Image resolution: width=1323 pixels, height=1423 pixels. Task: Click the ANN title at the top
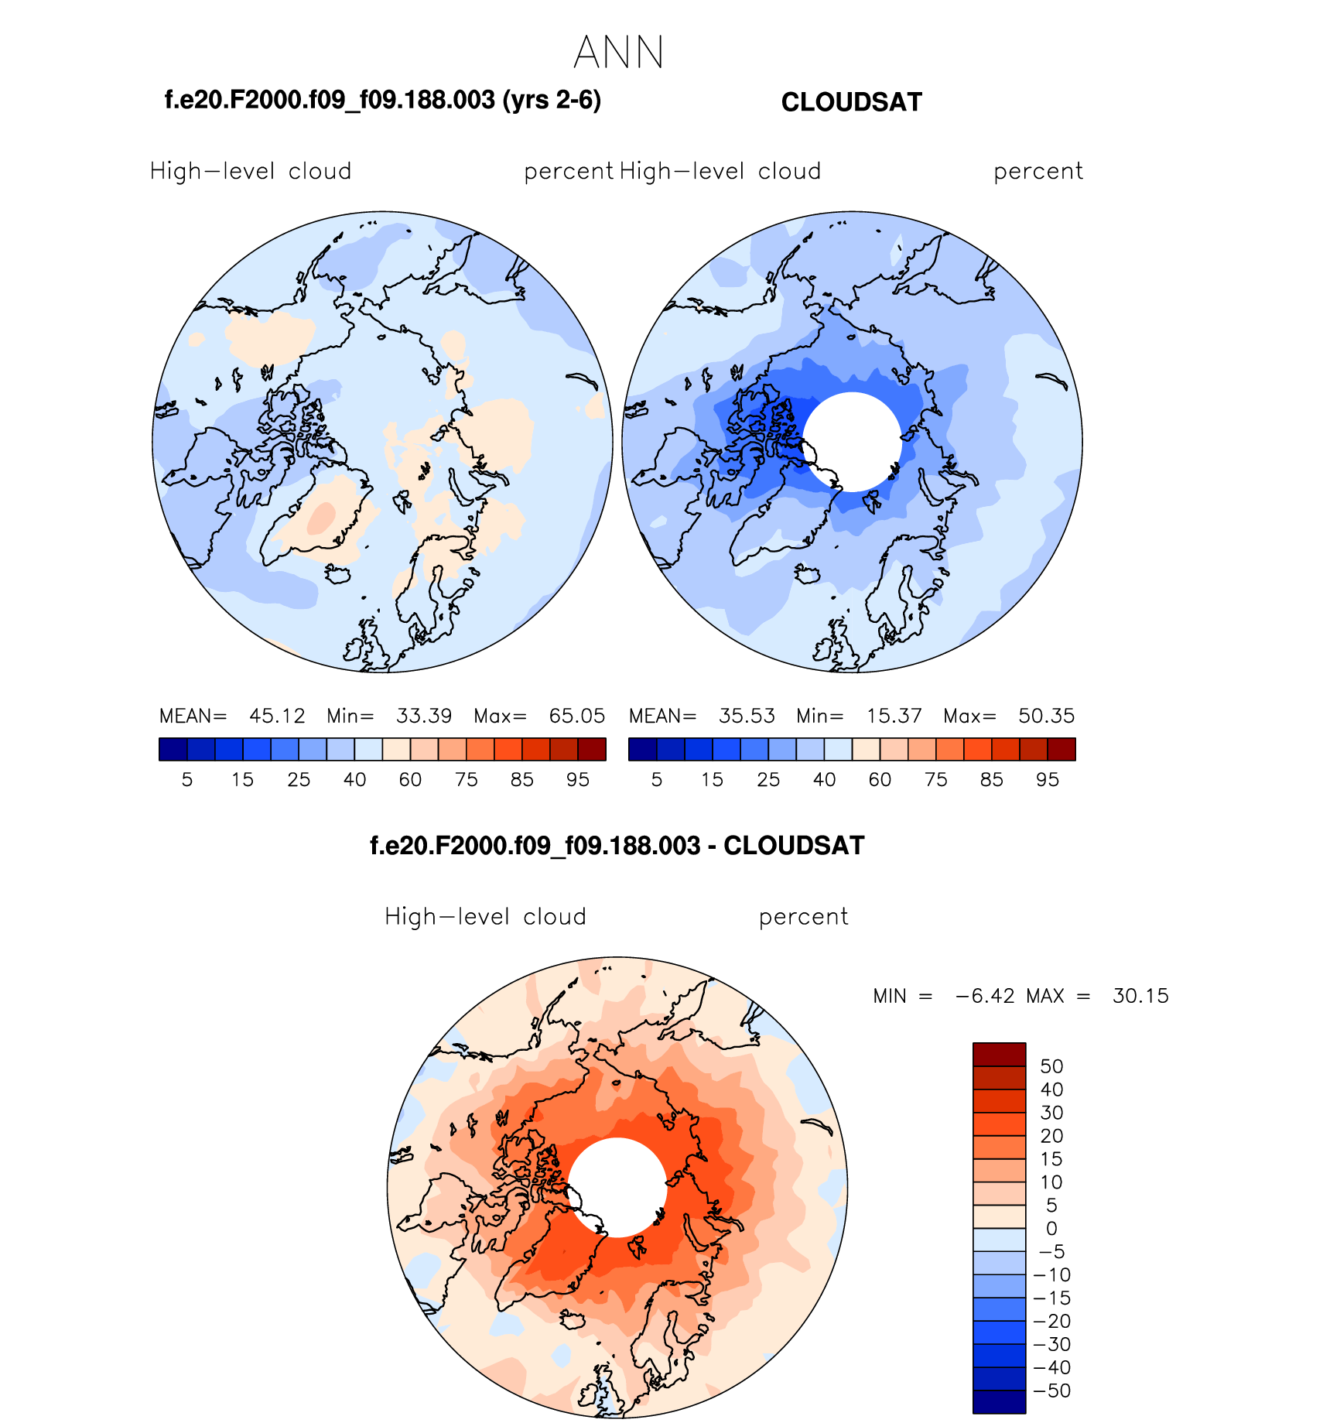(619, 53)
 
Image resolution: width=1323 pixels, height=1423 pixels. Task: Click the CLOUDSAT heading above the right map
(851, 102)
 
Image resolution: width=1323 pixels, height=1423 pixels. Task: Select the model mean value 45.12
(277, 716)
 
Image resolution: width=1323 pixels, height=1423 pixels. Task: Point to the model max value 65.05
(576, 716)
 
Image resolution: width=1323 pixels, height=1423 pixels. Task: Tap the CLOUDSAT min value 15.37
(894, 716)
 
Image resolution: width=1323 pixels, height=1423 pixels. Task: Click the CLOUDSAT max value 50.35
(1046, 716)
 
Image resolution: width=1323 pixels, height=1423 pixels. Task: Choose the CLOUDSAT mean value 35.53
(747, 716)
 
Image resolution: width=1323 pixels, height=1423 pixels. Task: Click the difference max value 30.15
(1140, 996)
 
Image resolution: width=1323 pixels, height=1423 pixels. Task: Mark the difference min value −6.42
(985, 996)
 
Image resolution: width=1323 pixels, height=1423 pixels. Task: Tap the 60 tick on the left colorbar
(410, 780)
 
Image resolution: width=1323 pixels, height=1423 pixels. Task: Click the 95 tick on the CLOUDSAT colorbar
(1047, 780)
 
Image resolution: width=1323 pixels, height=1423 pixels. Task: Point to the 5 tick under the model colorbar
(187, 780)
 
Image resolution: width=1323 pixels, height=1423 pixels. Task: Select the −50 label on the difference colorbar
(1052, 1391)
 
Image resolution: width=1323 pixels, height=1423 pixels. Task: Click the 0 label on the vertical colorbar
(1051, 1229)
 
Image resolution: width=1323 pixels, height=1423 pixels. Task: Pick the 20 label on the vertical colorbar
(1051, 1136)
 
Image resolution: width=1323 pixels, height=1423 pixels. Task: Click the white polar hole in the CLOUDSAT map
(852, 442)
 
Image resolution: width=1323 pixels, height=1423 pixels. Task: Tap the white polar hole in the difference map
(617, 1187)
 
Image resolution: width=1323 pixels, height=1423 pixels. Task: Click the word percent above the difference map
(803, 917)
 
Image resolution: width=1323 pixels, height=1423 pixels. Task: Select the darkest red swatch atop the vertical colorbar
(999, 1055)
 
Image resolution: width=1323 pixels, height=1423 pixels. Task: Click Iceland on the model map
(338, 574)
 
